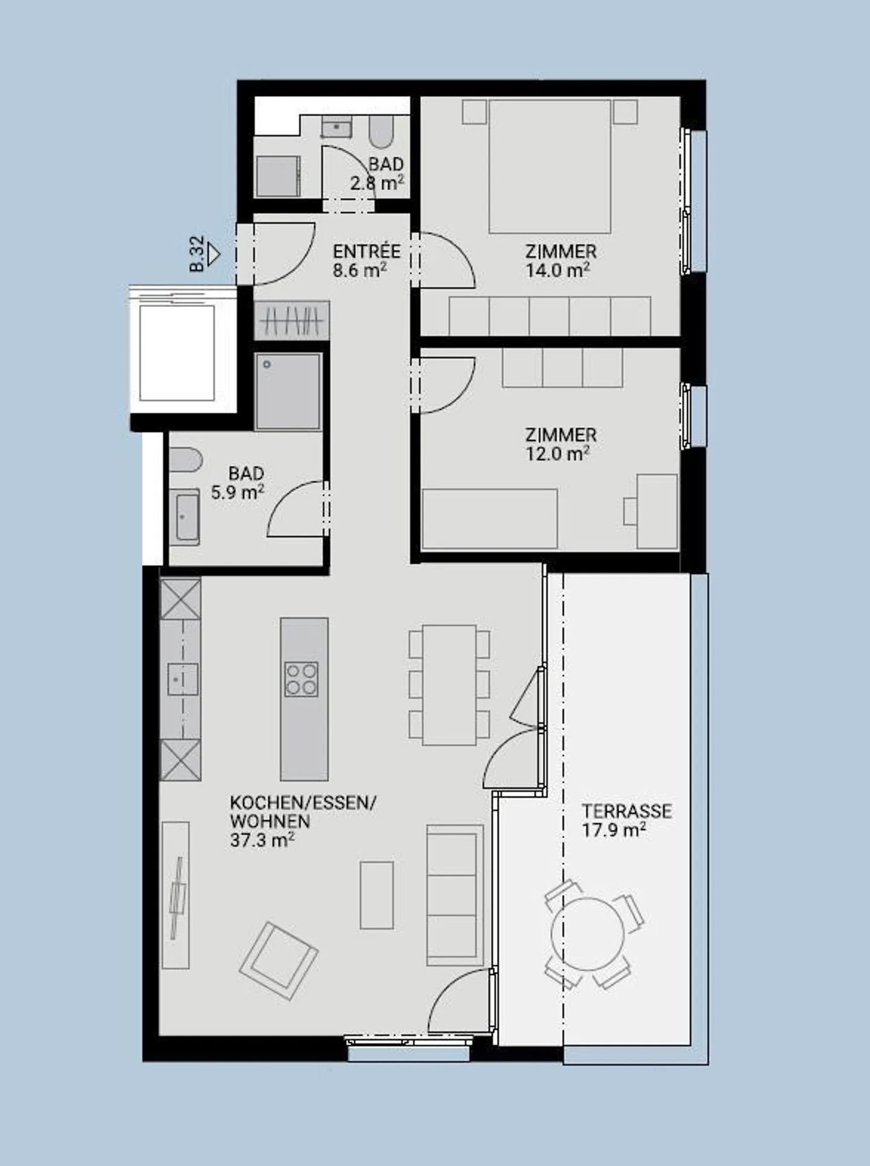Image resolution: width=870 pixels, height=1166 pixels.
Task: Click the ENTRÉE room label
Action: (x=366, y=251)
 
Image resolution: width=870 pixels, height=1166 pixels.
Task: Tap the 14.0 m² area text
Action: (x=556, y=271)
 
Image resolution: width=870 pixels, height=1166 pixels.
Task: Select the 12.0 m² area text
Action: (x=556, y=454)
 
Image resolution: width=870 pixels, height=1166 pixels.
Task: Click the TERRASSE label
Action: (x=627, y=811)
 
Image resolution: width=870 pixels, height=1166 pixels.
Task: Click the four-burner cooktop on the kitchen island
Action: (x=301, y=679)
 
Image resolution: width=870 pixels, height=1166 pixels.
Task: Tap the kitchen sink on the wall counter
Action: (x=182, y=680)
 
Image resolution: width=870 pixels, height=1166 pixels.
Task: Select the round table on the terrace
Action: (x=587, y=934)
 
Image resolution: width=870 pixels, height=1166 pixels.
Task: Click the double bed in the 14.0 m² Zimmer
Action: (x=549, y=166)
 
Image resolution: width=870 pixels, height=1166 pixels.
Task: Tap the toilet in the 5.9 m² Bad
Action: (x=184, y=460)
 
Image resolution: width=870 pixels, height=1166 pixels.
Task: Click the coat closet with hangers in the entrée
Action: (x=292, y=320)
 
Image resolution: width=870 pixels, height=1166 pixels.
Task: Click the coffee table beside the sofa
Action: (x=376, y=895)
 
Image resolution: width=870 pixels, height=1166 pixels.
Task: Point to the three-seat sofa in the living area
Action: (x=454, y=895)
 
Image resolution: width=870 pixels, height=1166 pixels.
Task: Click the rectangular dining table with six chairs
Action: (x=449, y=684)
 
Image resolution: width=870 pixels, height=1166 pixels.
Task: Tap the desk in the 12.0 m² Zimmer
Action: (x=657, y=511)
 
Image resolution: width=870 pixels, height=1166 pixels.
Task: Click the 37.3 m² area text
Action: (x=262, y=840)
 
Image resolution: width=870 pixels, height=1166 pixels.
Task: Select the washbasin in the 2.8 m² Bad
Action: (x=336, y=128)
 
